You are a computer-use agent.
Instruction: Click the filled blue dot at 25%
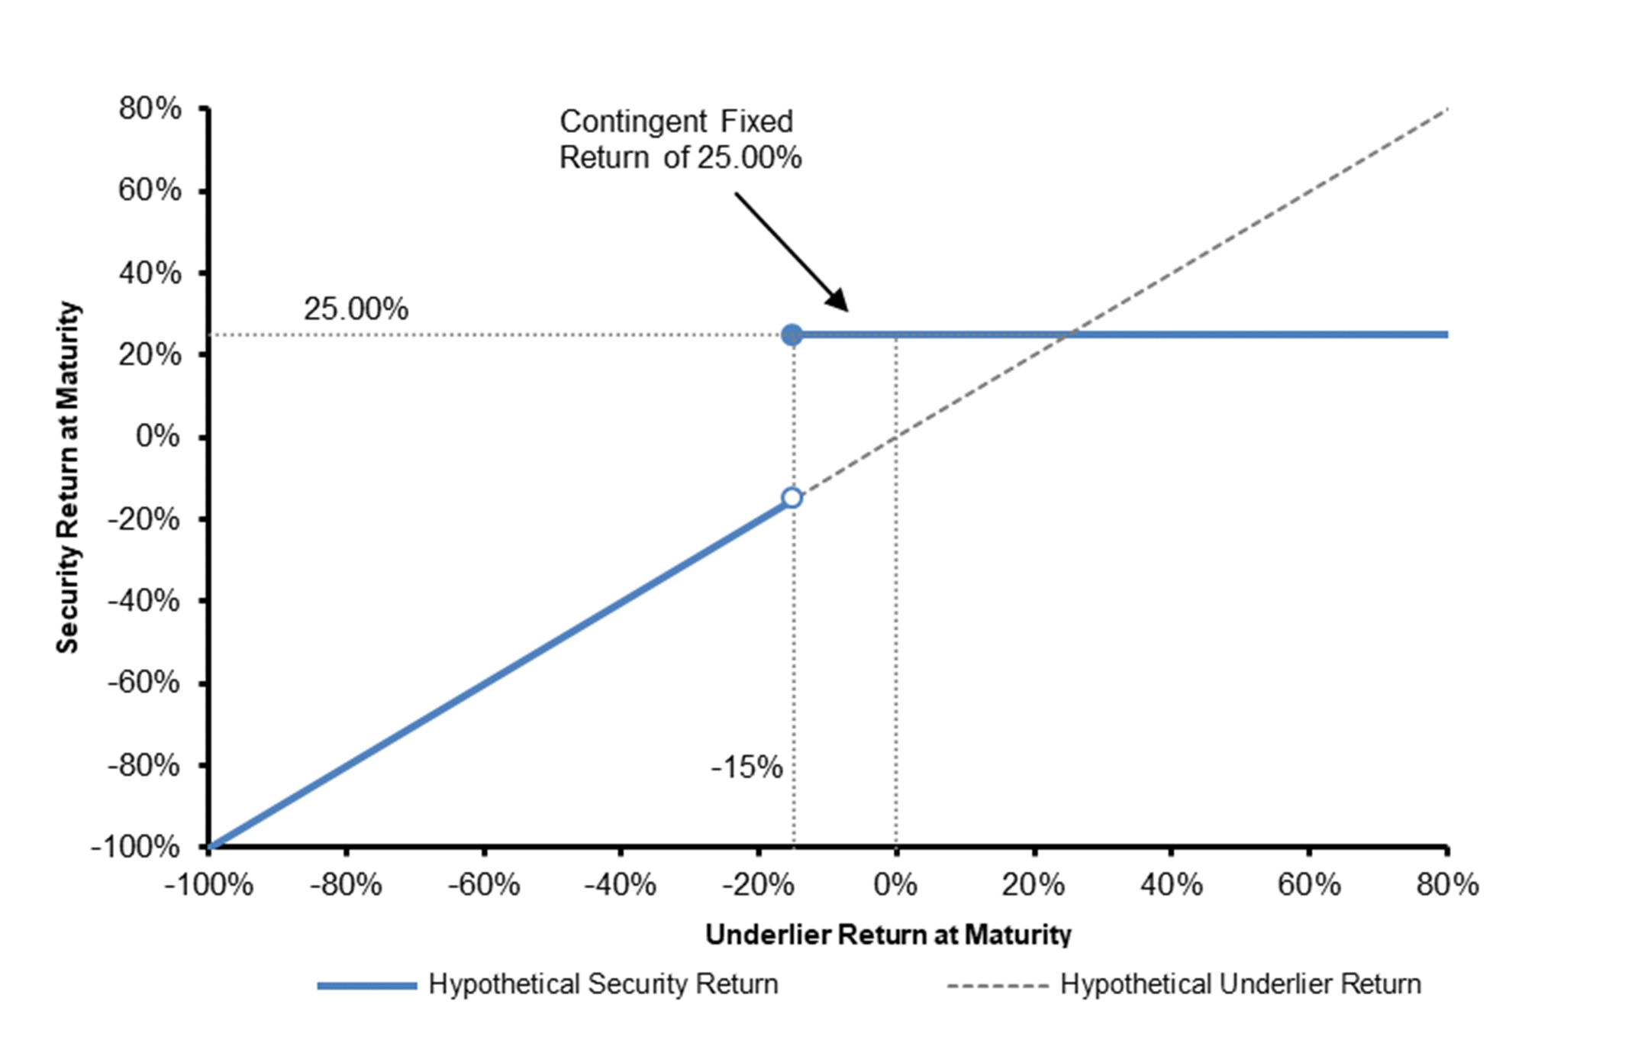pos(792,334)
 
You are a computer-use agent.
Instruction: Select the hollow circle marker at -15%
pos(792,498)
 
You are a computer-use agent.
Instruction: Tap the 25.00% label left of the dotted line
pos(356,309)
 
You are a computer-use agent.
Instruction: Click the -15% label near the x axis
pos(747,767)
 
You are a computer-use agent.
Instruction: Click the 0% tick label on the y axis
pos(158,436)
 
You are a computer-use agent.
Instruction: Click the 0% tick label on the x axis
pos(895,885)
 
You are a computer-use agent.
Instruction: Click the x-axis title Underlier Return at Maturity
pos(888,935)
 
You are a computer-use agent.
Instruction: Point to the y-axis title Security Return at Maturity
pos(68,477)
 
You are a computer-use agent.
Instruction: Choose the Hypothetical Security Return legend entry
pos(547,984)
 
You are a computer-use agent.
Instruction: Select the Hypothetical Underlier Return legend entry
pos(1184,984)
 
